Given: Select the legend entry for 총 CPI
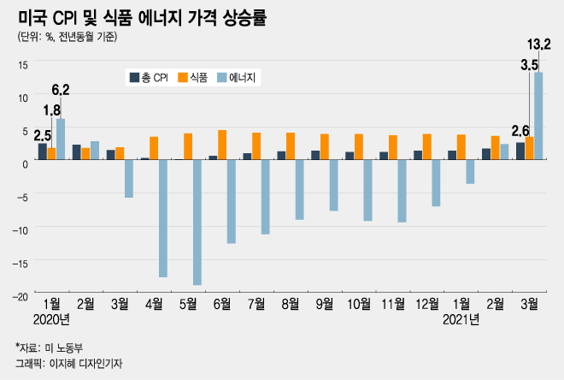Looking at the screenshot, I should click(x=149, y=78).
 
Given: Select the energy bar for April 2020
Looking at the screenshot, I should click(x=163, y=218).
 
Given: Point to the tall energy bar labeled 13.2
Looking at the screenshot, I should click(x=539, y=116).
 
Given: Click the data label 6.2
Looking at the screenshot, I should click(x=61, y=89).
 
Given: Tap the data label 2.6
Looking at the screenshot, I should click(x=520, y=130).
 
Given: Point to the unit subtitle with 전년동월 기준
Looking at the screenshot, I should click(x=68, y=37).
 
